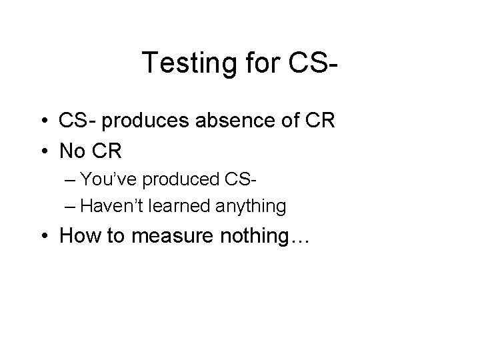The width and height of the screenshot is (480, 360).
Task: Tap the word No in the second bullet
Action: [x=73, y=152]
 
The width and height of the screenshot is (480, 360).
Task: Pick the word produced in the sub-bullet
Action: [x=189, y=181]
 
